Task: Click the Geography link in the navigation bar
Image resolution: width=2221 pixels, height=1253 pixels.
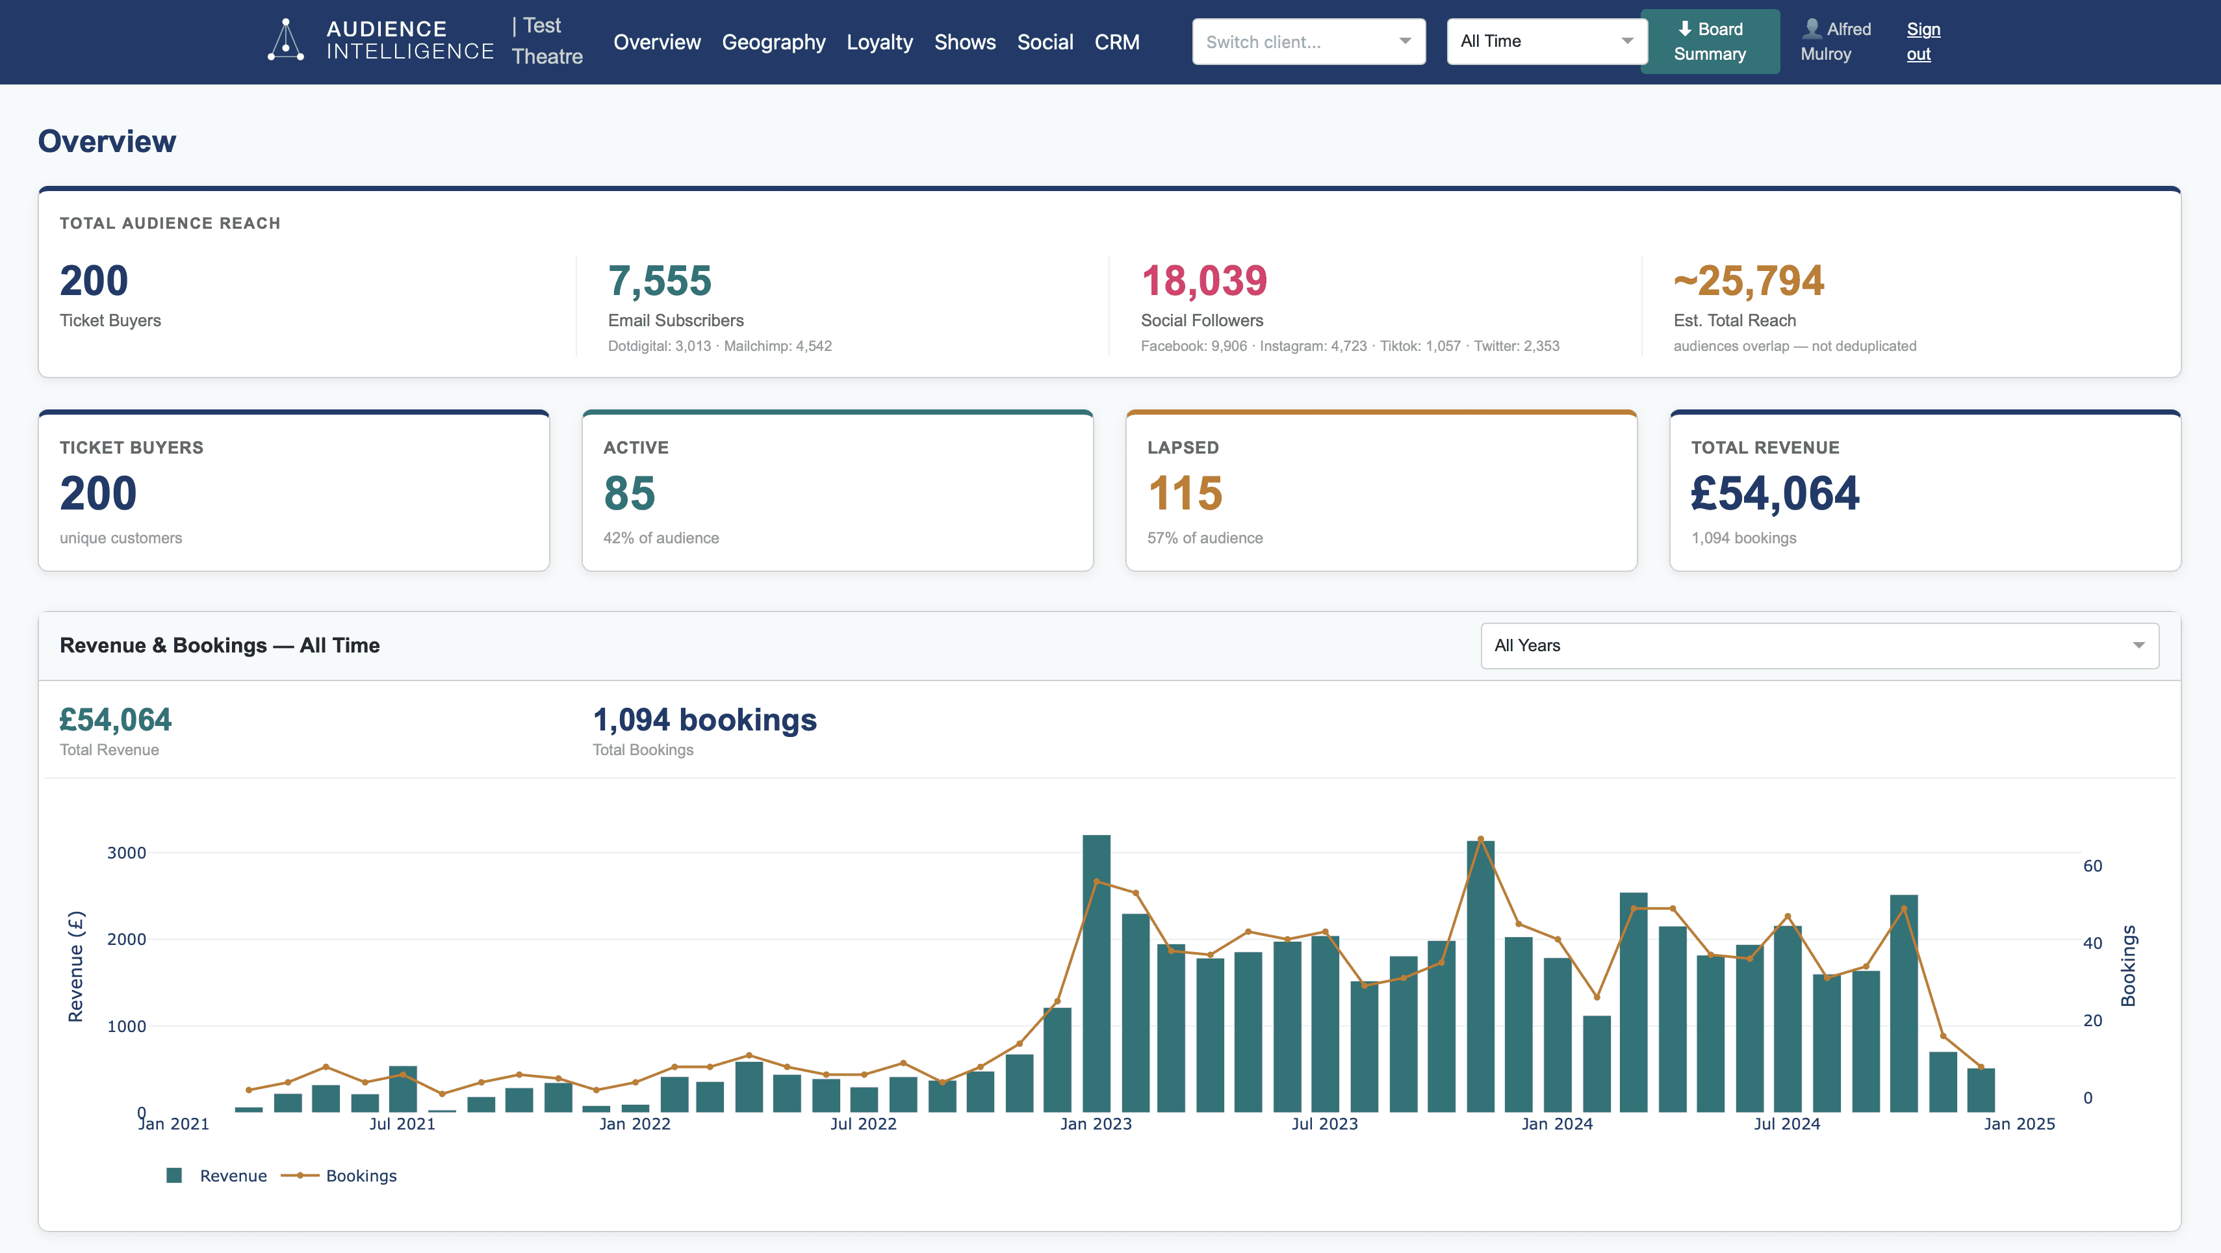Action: pyautogui.click(x=773, y=42)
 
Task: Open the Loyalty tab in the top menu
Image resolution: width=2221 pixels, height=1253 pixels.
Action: pyautogui.click(x=879, y=42)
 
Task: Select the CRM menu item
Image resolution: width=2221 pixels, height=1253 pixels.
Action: pyautogui.click(x=1116, y=42)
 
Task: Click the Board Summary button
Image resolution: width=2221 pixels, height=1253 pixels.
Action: pyautogui.click(x=1709, y=42)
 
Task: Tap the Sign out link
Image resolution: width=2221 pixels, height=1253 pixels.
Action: pyautogui.click(x=1922, y=42)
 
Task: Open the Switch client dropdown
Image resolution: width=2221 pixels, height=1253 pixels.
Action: pyautogui.click(x=1308, y=42)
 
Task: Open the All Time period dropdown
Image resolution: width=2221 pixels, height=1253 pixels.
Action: pyautogui.click(x=1546, y=42)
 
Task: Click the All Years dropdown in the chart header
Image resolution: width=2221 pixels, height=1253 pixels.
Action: pyautogui.click(x=1819, y=646)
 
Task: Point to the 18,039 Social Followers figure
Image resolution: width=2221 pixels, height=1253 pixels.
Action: pyautogui.click(x=1203, y=281)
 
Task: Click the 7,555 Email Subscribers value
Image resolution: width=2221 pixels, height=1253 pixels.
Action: pyautogui.click(x=660, y=281)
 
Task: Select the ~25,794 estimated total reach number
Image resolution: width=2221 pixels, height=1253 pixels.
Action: pyautogui.click(x=1749, y=281)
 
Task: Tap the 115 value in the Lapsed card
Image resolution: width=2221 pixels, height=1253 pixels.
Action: pyautogui.click(x=1185, y=493)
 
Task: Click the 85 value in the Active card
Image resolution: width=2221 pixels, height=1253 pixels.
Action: pyautogui.click(x=630, y=493)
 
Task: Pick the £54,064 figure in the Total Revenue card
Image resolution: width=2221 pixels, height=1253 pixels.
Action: pyautogui.click(x=1775, y=493)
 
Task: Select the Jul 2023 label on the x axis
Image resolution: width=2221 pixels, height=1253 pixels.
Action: pyautogui.click(x=1324, y=1124)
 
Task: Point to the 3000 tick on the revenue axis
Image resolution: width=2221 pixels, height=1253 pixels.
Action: pyautogui.click(x=127, y=853)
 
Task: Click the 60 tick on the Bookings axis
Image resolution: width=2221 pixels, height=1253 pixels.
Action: pyautogui.click(x=2092, y=866)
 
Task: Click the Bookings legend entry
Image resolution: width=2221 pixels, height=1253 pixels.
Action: pyautogui.click(x=361, y=1176)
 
